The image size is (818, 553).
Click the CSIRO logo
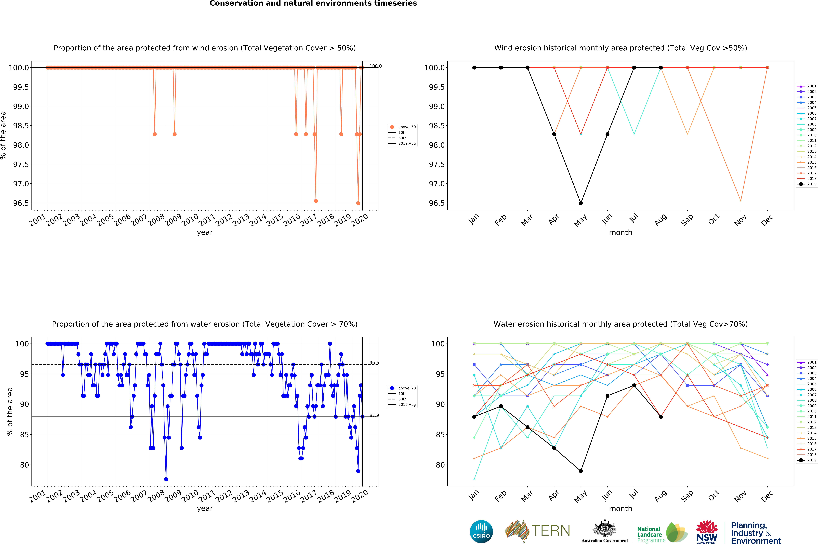(481, 532)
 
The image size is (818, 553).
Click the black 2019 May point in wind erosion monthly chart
(581, 203)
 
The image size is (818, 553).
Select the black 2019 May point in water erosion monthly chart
(581, 471)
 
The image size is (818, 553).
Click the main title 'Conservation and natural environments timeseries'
(313, 4)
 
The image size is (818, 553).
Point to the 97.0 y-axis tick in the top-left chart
(21, 184)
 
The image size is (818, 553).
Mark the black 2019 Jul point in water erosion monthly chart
(634, 385)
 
